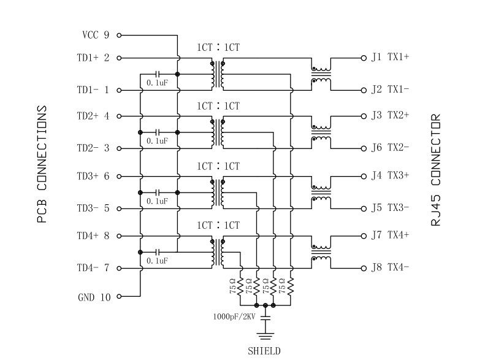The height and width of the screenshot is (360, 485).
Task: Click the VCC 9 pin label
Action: coord(95,35)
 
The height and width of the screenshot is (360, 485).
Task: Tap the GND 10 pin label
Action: coord(94,297)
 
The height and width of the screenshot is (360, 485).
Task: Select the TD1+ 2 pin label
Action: coord(93,58)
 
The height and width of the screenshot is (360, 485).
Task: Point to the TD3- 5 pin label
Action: coord(93,209)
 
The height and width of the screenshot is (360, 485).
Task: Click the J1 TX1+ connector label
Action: coord(390,58)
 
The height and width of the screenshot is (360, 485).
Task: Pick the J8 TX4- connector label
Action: coord(390,267)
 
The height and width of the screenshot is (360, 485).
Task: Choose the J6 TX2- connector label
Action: coord(390,148)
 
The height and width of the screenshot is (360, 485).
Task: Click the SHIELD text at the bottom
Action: coord(264,351)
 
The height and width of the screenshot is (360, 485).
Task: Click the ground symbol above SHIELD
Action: coord(265,335)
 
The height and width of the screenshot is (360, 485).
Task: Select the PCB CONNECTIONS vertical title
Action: coord(42,164)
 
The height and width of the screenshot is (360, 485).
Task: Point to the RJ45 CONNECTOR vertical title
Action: coord(436,170)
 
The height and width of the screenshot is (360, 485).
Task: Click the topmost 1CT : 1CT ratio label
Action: coord(218,47)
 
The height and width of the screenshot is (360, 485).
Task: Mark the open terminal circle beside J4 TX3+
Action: coord(364,175)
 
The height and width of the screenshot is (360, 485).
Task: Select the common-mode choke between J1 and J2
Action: coord(321,74)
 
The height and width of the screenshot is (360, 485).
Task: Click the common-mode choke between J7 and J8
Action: coord(321,253)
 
